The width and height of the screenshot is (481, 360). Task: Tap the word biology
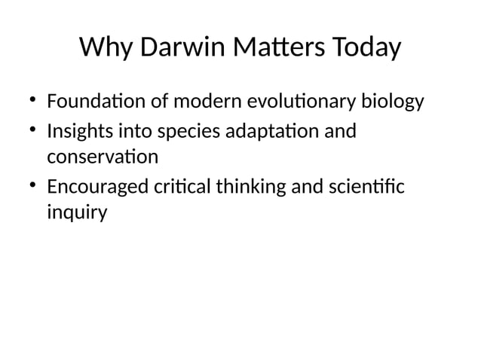click(393, 101)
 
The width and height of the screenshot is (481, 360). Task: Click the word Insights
click(78, 132)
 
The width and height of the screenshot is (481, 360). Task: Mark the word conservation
click(103, 157)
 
